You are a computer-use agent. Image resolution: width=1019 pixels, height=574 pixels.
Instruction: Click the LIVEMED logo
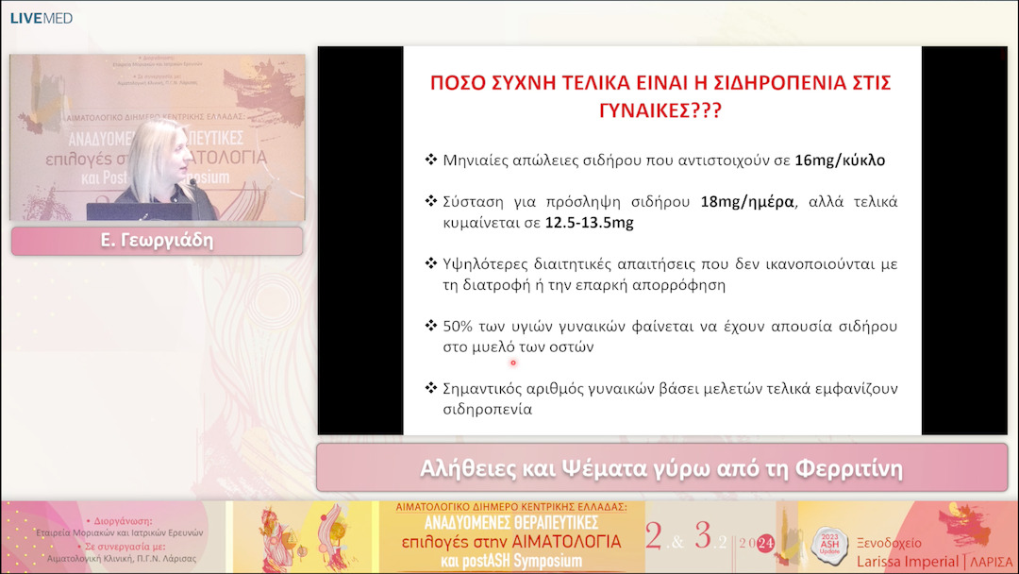(41, 18)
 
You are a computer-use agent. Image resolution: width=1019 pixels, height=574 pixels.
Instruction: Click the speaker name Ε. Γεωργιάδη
(157, 241)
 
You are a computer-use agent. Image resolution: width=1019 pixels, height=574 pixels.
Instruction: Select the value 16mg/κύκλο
(840, 160)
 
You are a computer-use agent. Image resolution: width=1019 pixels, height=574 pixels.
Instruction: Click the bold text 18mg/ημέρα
(744, 202)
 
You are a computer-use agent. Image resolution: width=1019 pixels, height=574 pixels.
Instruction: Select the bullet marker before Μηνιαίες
(431, 160)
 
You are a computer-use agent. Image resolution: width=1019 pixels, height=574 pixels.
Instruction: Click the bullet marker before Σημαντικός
(431, 389)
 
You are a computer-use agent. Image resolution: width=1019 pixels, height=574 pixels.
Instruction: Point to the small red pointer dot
(513, 363)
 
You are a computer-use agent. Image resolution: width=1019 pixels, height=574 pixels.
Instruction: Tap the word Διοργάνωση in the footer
(129, 520)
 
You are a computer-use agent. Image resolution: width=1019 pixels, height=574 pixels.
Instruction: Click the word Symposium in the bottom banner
(531, 561)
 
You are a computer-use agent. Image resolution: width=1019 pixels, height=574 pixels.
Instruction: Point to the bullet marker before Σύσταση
(431, 202)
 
